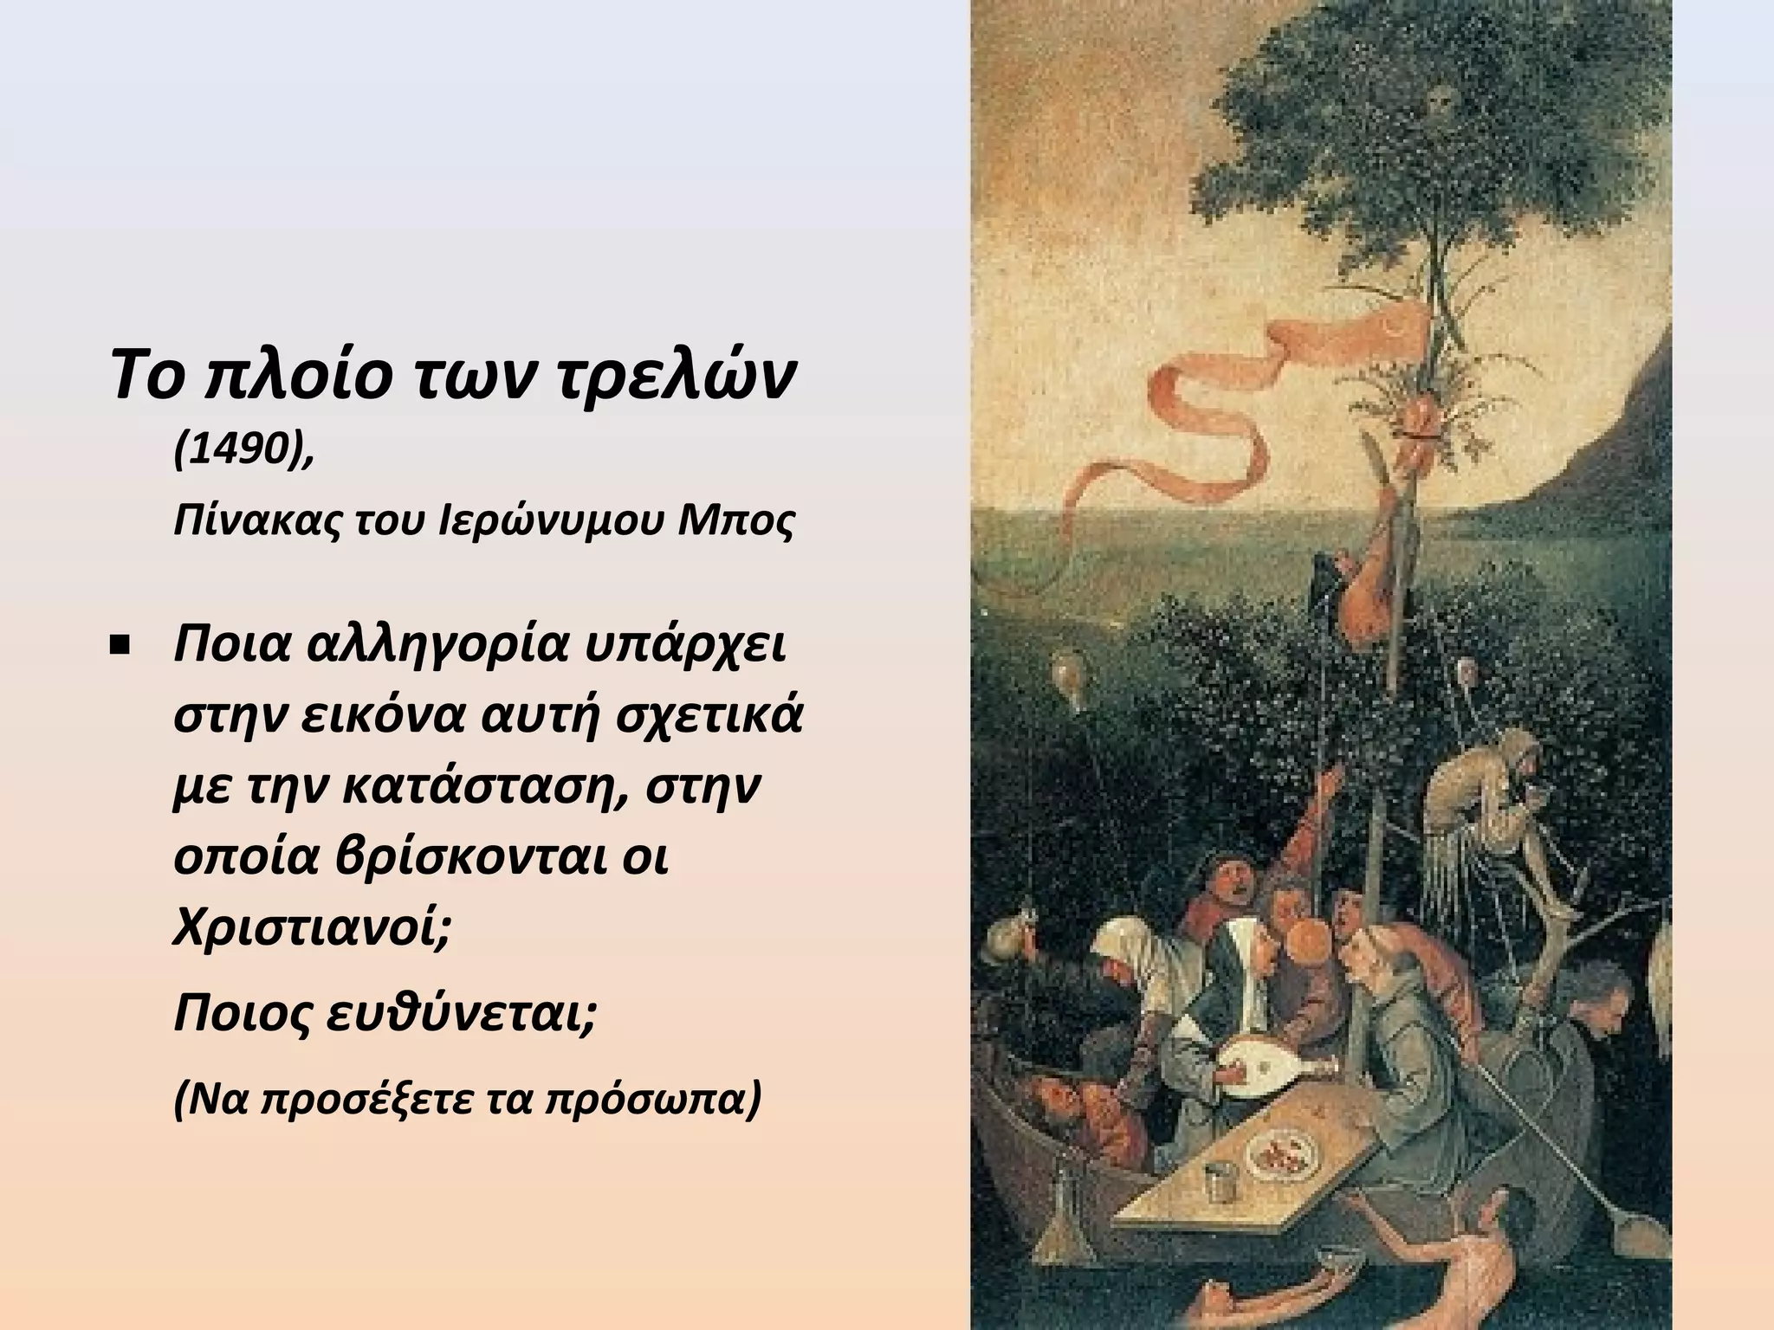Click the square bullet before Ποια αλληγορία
coord(120,646)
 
